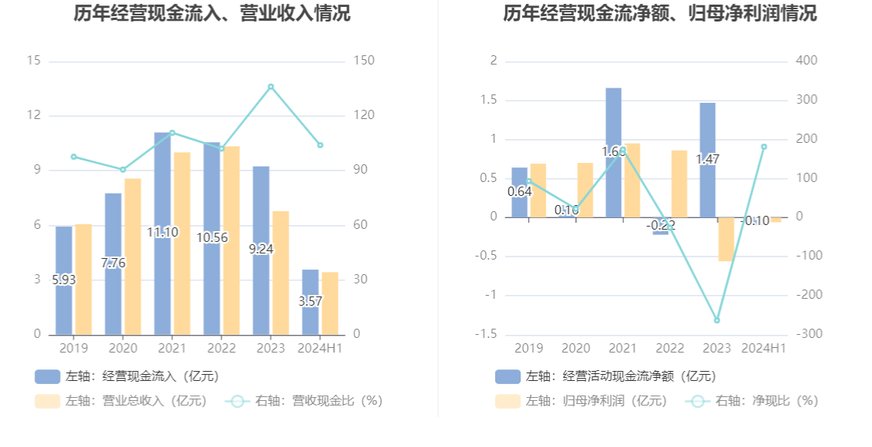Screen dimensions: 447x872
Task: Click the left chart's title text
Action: click(x=211, y=14)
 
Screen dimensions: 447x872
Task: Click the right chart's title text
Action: click(x=660, y=14)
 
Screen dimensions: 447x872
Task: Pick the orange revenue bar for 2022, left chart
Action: click(x=231, y=240)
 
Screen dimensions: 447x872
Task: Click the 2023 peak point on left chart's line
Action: click(x=271, y=87)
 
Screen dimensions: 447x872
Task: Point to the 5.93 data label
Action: click(x=64, y=280)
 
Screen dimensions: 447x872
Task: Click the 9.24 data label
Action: click(x=261, y=249)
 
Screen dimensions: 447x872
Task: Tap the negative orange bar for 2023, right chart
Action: click(x=726, y=239)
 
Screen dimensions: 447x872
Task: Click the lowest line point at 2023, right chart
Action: click(x=717, y=320)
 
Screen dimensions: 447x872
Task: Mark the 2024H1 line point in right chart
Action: click(x=764, y=147)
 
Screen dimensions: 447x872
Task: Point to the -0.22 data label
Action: click(x=661, y=225)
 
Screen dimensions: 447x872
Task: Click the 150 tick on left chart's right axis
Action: click(x=364, y=61)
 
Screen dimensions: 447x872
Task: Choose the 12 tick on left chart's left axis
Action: click(x=34, y=115)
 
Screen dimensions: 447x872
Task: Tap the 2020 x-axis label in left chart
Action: click(x=122, y=349)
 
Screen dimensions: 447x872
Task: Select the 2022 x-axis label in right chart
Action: click(x=670, y=349)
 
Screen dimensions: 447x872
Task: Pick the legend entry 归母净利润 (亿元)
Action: click(x=583, y=401)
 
